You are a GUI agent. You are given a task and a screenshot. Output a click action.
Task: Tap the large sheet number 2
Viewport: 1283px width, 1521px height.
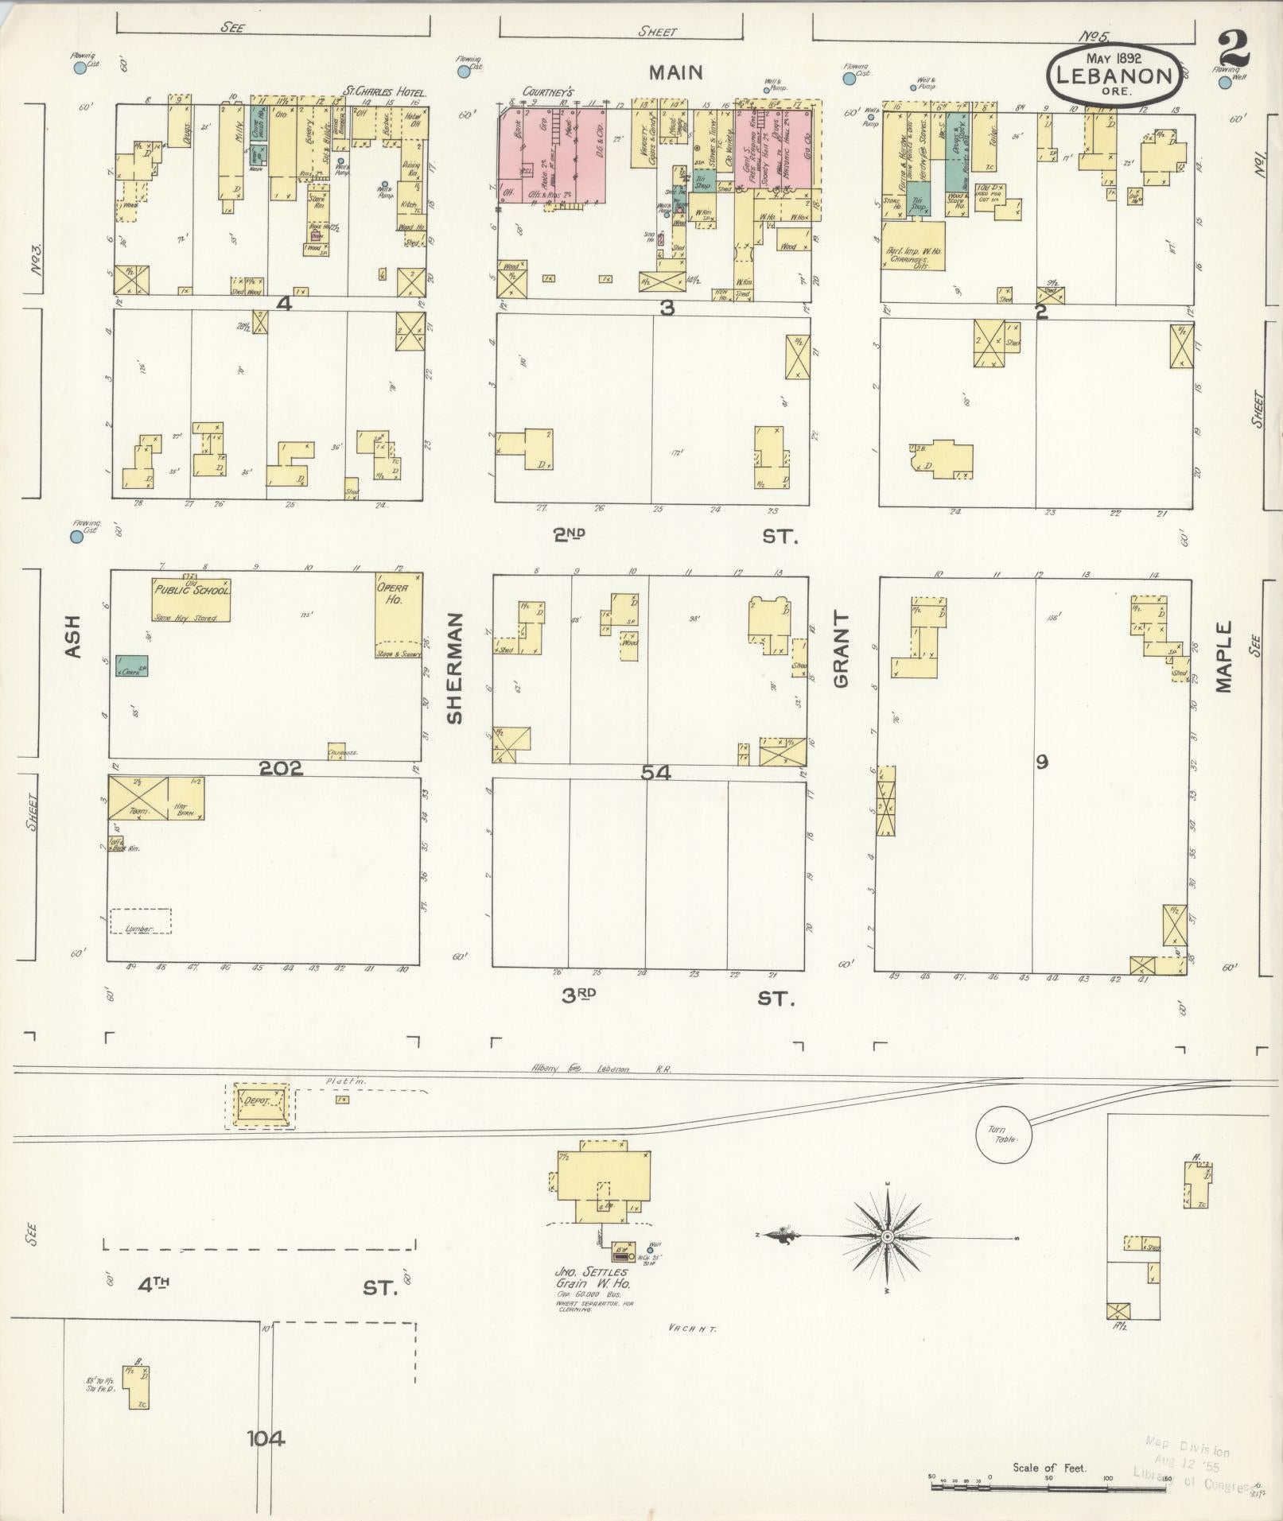point(1232,49)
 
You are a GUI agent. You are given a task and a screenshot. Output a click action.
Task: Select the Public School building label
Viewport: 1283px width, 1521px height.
point(192,591)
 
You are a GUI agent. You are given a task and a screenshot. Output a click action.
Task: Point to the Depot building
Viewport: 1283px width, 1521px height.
point(259,1101)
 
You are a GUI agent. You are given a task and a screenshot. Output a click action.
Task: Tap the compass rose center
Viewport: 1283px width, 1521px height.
point(887,1259)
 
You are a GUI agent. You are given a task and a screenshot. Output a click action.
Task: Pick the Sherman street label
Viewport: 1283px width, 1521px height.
point(454,668)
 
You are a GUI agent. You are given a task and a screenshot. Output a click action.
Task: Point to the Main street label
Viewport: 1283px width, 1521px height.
point(675,72)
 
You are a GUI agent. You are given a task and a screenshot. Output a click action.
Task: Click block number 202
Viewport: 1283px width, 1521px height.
point(281,768)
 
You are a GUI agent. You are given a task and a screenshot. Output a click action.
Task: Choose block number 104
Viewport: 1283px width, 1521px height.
point(266,1438)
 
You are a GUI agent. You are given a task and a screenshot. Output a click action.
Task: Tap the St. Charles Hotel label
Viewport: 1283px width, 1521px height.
point(384,92)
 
